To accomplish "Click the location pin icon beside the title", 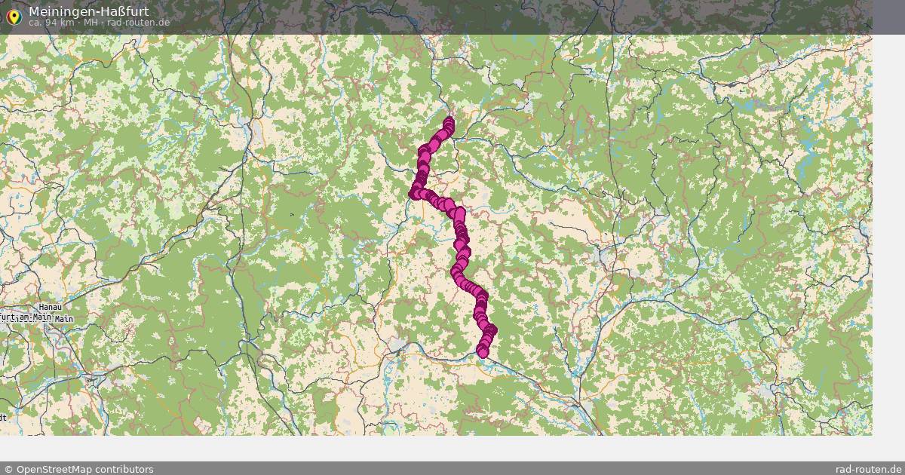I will [x=13, y=15].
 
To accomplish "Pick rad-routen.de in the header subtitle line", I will [x=138, y=23].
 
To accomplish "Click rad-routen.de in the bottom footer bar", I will [x=868, y=469].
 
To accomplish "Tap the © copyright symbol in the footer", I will [x=8, y=469].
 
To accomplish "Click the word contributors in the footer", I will [x=124, y=469].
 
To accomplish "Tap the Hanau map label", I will [x=50, y=308].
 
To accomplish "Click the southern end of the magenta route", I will [x=483, y=352].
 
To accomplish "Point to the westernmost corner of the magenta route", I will [x=413, y=194].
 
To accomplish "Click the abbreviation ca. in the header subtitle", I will [x=35, y=23].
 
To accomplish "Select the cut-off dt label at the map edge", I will [x=3, y=417].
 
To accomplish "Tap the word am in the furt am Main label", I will [x=26, y=318].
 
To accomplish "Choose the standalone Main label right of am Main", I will [x=64, y=319].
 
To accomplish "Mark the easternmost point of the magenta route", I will [x=492, y=329].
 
